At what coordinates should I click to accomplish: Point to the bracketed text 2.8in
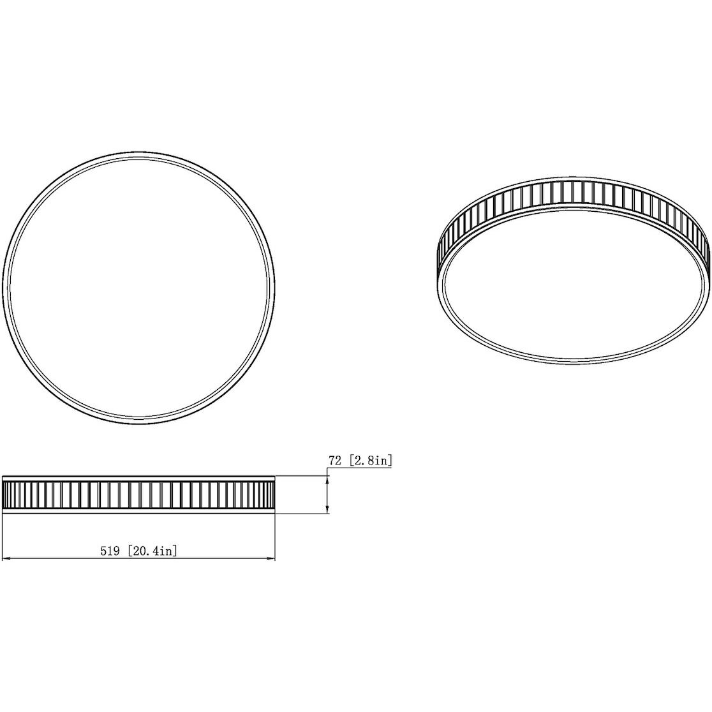point(370,460)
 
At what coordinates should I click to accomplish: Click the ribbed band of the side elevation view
point(138,493)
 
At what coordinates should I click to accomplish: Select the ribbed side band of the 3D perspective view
point(574,195)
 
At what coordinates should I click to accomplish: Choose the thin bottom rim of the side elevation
point(138,510)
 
